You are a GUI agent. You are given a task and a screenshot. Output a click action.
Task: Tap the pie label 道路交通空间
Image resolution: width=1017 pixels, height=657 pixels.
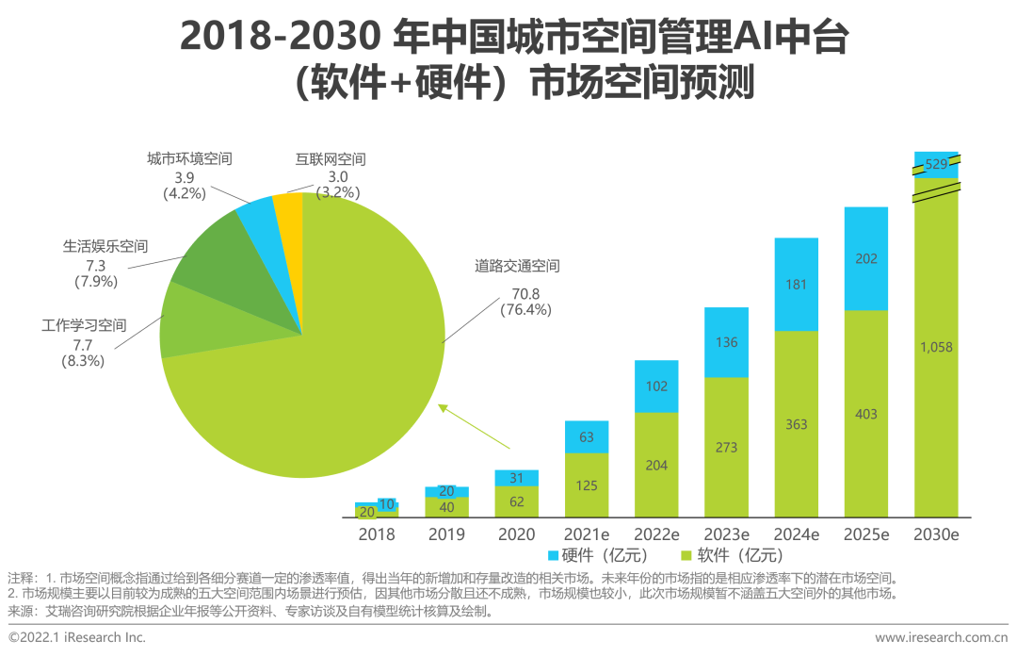pos(517,267)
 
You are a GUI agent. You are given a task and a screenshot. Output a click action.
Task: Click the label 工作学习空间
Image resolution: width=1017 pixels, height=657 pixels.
pos(84,327)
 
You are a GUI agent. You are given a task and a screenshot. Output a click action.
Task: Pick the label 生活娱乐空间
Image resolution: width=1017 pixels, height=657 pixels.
pos(105,247)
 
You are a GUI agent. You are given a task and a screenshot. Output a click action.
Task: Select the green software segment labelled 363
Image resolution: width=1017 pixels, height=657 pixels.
pos(796,424)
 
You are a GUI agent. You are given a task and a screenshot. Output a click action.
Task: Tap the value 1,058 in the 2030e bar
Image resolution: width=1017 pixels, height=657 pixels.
pos(936,347)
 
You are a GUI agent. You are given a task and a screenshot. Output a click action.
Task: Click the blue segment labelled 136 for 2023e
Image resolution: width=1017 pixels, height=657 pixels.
pos(726,342)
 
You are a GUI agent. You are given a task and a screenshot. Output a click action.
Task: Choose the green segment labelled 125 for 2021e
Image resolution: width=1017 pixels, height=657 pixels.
pos(587,485)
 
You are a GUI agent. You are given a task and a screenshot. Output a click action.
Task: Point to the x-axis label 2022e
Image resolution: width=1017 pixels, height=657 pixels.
pos(656,534)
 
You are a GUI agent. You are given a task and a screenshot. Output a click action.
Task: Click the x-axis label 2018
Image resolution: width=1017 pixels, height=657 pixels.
pos(377,534)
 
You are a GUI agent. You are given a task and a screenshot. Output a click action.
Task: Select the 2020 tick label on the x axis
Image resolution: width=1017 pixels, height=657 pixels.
pos(516,534)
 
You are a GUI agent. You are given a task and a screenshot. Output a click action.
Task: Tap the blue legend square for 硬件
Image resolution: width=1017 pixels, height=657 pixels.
pos(552,555)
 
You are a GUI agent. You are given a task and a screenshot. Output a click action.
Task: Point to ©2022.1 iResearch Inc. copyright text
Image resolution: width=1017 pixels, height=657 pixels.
pos(77,638)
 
